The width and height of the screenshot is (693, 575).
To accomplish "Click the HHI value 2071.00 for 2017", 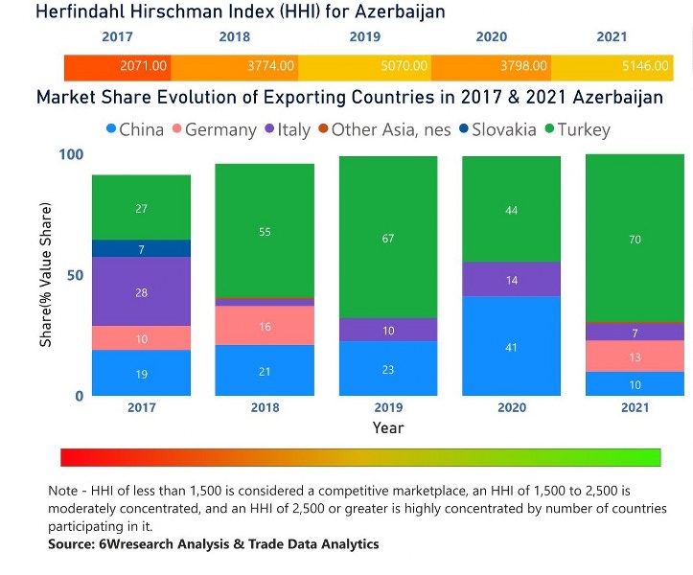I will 144,66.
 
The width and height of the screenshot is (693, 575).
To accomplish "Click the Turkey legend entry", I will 575,129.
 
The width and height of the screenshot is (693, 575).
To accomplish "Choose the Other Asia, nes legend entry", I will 383,129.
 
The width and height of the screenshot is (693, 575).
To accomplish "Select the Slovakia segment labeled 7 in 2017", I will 141,249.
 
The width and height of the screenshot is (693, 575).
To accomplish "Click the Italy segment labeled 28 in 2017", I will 141,292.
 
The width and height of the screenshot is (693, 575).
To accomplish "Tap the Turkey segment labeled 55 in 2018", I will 265,232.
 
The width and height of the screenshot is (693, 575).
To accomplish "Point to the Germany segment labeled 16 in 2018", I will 265,327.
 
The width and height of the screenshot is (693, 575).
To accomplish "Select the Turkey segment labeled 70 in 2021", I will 635,239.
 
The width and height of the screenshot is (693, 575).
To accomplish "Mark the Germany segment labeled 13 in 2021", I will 635,356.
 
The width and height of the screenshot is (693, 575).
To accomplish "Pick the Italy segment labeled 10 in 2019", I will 388,331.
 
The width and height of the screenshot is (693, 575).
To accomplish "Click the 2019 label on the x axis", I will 388,407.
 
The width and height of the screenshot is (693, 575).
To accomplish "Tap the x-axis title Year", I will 388,427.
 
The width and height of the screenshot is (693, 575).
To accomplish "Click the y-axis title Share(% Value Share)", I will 45,275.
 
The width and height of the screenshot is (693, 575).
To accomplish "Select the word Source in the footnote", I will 72,544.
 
